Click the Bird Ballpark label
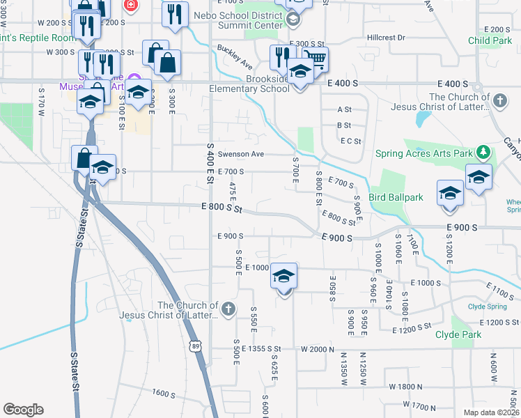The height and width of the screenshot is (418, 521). [396, 198]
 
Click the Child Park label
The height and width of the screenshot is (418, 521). [490, 41]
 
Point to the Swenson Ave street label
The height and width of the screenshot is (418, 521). [241, 154]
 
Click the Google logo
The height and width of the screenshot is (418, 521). [24, 410]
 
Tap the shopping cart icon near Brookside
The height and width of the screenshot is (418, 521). [315, 61]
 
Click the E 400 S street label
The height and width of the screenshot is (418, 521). [342, 84]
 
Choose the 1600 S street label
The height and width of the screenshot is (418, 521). [162, 394]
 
